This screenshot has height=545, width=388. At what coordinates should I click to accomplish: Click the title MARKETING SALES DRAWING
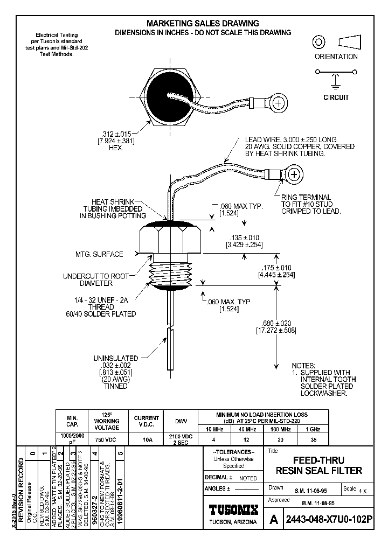point(203,23)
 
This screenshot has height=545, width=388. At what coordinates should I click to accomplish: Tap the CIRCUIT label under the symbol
point(336,97)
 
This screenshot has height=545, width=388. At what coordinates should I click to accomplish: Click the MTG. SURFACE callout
point(99,254)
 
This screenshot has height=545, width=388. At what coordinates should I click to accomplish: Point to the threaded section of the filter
point(170,275)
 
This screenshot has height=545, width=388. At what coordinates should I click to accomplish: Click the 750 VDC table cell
point(106,439)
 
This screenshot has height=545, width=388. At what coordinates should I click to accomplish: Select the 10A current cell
point(146,439)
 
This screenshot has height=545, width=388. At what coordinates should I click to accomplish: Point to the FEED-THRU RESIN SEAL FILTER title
point(319,465)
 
